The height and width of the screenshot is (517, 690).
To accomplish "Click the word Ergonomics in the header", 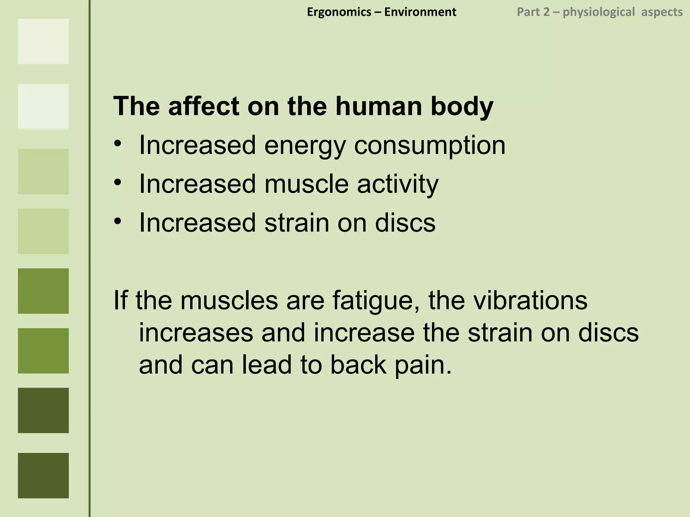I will coord(339,12).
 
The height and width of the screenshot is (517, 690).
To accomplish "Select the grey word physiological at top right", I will coord(599,12).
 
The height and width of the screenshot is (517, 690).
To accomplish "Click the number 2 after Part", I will coord(546,12).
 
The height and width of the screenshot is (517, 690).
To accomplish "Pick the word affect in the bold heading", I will coord(203,106).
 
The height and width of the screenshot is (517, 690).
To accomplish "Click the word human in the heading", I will coord(379,106).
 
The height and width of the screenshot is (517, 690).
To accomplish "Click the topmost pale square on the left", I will coord(43,41).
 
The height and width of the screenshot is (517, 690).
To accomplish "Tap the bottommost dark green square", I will coord(43,475).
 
